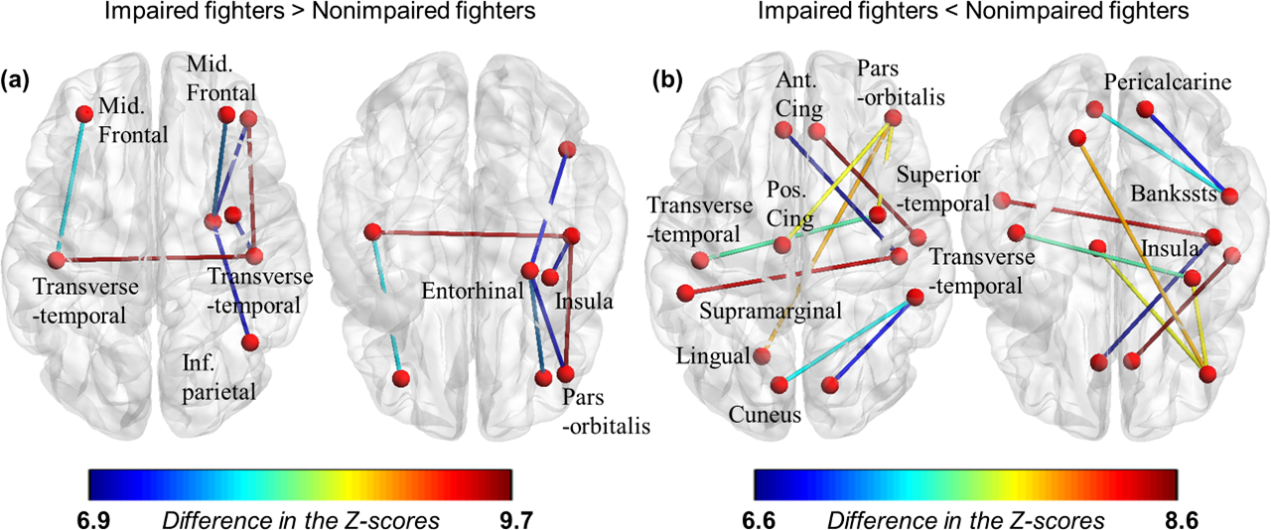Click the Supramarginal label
click(771, 311)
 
